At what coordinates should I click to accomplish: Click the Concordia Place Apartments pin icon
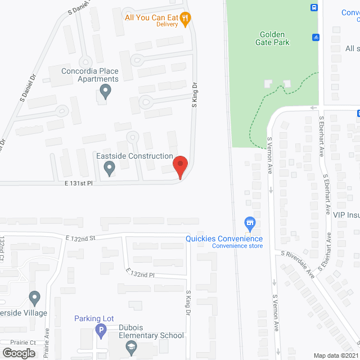pos(105,91)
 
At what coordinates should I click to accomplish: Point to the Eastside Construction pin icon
pos(110,167)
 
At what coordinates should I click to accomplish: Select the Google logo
pos(18,353)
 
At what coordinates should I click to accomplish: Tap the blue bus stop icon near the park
pos(314,8)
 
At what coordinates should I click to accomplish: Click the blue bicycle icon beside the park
pos(316,37)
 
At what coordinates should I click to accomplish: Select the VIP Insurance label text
pos(345,214)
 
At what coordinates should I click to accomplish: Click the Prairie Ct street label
pos(22,342)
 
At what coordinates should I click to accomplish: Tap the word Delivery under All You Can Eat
pos(167,25)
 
